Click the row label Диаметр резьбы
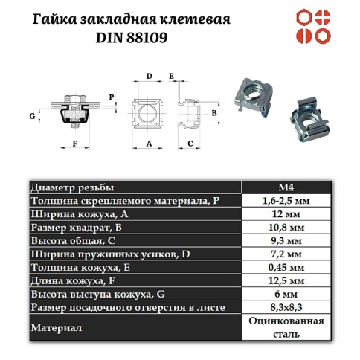pyautogui.click(x=74, y=188)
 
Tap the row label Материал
pyautogui.click(x=56, y=327)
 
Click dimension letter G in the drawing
pyautogui.click(x=31, y=116)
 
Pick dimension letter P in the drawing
pyautogui.click(x=111, y=97)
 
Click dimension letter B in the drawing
pyautogui.click(x=214, y=113)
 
